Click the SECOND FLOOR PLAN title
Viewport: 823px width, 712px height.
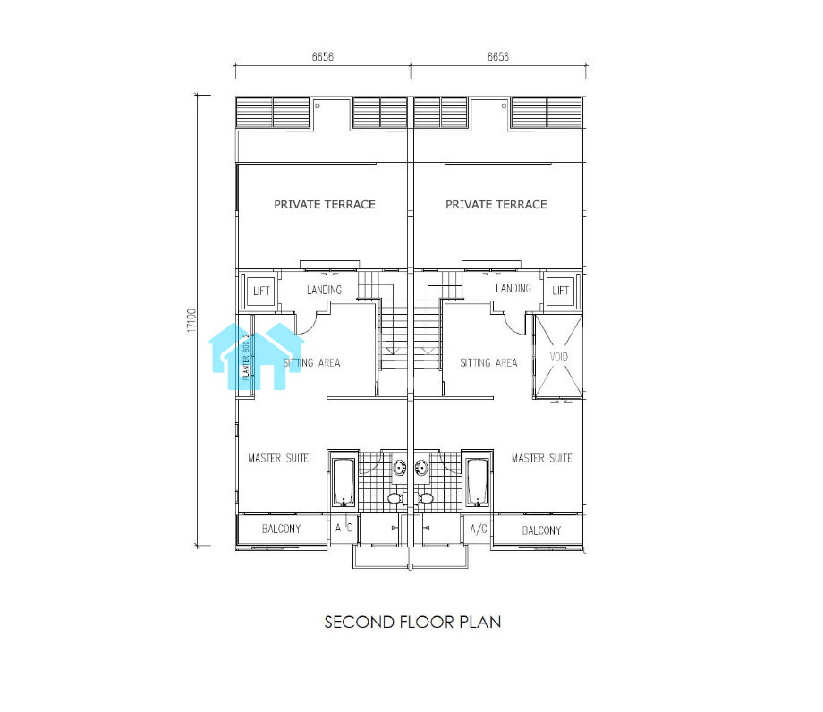pos(412,623)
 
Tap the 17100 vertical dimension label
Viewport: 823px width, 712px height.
pos(191,320)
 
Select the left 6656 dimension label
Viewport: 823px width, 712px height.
pos(323,56)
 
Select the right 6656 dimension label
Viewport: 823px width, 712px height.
pos(498,56)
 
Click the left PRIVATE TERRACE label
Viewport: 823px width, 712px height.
pos(325,205)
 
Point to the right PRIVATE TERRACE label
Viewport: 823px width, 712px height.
pos(496,205)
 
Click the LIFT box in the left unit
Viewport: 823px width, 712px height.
pos(261,291)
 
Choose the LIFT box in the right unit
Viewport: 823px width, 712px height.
pos(561,291)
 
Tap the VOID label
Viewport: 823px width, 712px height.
pos(558,357)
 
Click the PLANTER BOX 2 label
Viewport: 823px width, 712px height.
pos(246,356)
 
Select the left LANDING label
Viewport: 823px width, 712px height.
pos(325,290)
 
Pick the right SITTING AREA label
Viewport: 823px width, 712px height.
pos(488,362)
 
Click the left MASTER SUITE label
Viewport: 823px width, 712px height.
pos(278,458)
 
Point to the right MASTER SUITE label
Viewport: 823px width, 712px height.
pos(542,458)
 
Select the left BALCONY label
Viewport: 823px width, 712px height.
pos(281,529)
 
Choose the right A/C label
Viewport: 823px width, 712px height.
pos(479,529)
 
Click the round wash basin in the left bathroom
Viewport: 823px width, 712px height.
pos(400,467)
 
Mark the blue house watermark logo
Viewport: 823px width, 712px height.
pos(257,356)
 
